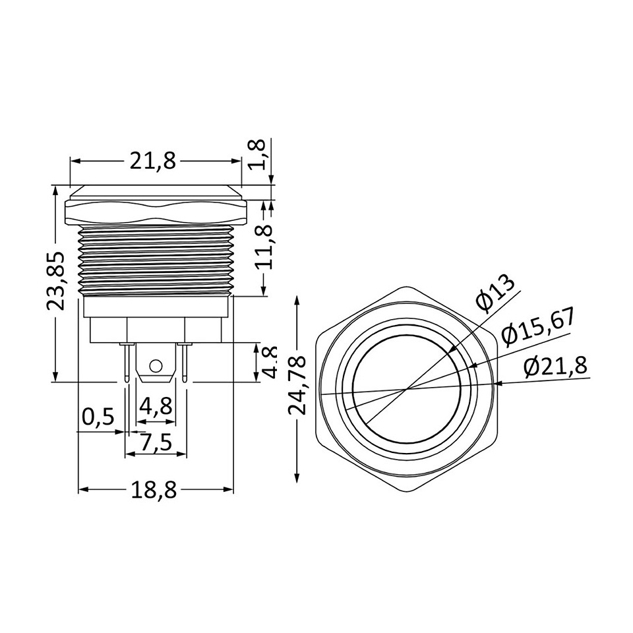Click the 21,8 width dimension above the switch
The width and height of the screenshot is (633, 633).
(x=153, y=161)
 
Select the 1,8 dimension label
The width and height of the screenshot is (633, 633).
(x=256, y=154)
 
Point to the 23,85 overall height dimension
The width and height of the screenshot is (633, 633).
(x=55, y=281)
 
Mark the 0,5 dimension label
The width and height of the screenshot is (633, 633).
(x=99, y=417)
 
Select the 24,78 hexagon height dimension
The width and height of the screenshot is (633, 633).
(x=297, y=386)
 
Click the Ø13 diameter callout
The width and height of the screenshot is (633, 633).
(x=495, y=295)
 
